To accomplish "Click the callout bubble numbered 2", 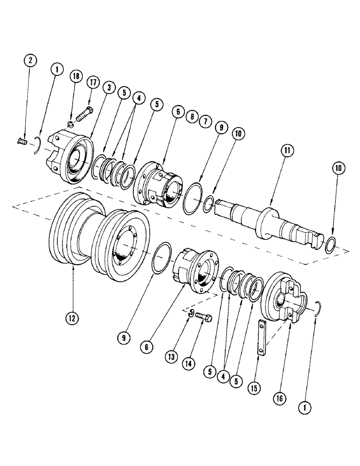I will [30, 61].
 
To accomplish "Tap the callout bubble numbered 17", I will [92, 82].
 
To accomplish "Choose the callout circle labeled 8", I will [190, 117].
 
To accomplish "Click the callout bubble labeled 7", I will [203, 121].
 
